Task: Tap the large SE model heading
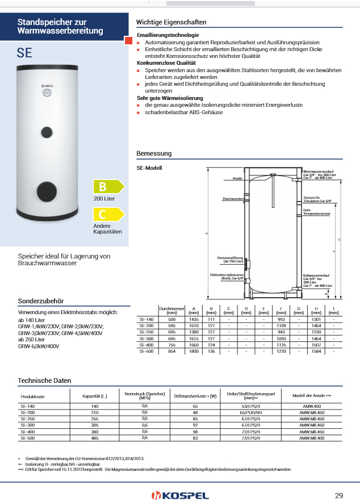pos(24,53)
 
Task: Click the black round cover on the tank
pos(46,191)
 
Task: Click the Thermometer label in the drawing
pos(233,199)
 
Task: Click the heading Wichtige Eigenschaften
pos(171,22)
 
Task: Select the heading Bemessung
pos(154,154)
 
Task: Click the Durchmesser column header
pos(172,310)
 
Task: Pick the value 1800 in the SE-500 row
pos(193,352)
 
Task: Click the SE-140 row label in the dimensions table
pos(146,320)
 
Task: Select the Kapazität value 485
pos(95,439)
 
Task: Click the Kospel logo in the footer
pos(179,495)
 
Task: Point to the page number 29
pos(339,495)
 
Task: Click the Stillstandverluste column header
pos(195,395)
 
